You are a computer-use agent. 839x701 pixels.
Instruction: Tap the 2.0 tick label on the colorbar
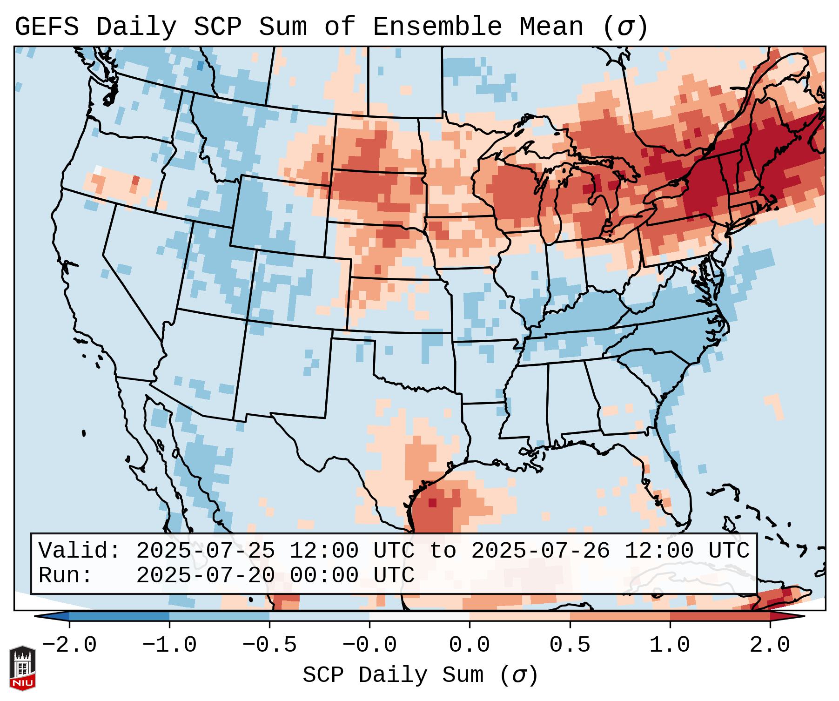pos(770,645)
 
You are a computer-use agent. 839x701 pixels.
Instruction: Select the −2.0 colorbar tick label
pos(69,645)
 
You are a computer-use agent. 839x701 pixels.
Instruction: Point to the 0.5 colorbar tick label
pos(570,645)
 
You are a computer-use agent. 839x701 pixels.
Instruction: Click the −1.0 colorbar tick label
pos(169,645)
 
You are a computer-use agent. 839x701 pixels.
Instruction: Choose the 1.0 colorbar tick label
pos(670,645)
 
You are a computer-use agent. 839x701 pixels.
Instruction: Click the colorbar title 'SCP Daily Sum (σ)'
pos(420,675)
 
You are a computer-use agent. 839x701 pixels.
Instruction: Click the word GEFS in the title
pos(47,27)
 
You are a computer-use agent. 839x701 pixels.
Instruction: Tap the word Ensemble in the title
pos(437,27)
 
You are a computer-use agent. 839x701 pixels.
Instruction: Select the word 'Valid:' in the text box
pos(80,551)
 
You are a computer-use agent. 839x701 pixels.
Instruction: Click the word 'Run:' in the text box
pos(66,576)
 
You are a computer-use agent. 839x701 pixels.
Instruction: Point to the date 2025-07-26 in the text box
pos(540,551)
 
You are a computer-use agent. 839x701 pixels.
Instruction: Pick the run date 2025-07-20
pos(205,576)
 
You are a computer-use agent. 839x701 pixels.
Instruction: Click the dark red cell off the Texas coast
pos(432,503)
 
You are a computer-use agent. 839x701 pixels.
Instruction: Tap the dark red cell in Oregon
pos(135,180)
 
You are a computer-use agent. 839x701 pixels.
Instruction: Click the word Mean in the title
pos(551,27)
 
